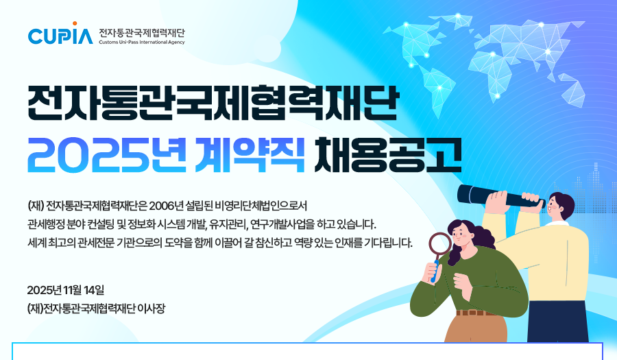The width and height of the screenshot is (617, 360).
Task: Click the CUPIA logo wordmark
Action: coord(60,36)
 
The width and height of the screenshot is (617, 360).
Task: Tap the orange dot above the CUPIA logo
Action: coord(75,23)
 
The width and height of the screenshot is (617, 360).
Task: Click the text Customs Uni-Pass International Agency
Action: coord(142,42)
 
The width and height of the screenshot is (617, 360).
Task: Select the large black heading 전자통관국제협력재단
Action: coord(213,102)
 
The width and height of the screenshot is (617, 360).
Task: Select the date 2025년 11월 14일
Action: coord(66,290)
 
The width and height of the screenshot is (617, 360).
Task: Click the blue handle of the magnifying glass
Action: coord(435,271)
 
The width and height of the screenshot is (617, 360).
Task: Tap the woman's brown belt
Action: coord(477,313)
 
